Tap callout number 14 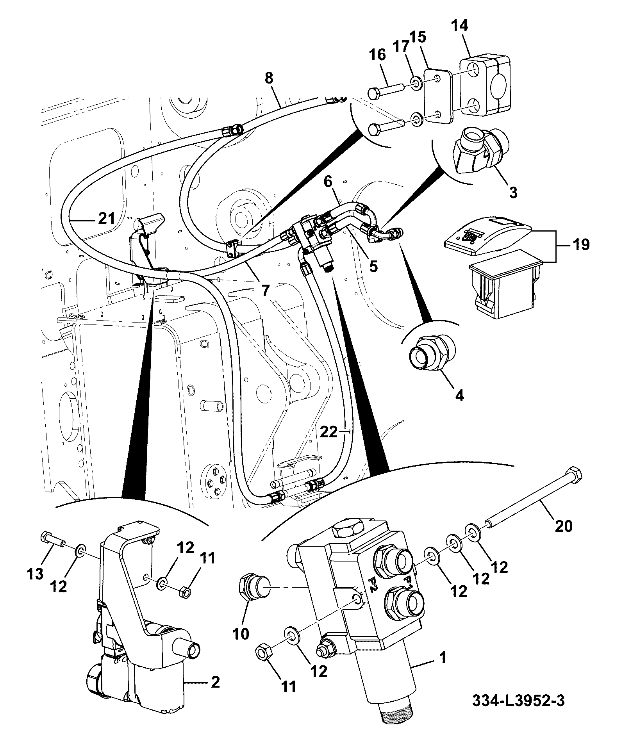click(x=459, y=26)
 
